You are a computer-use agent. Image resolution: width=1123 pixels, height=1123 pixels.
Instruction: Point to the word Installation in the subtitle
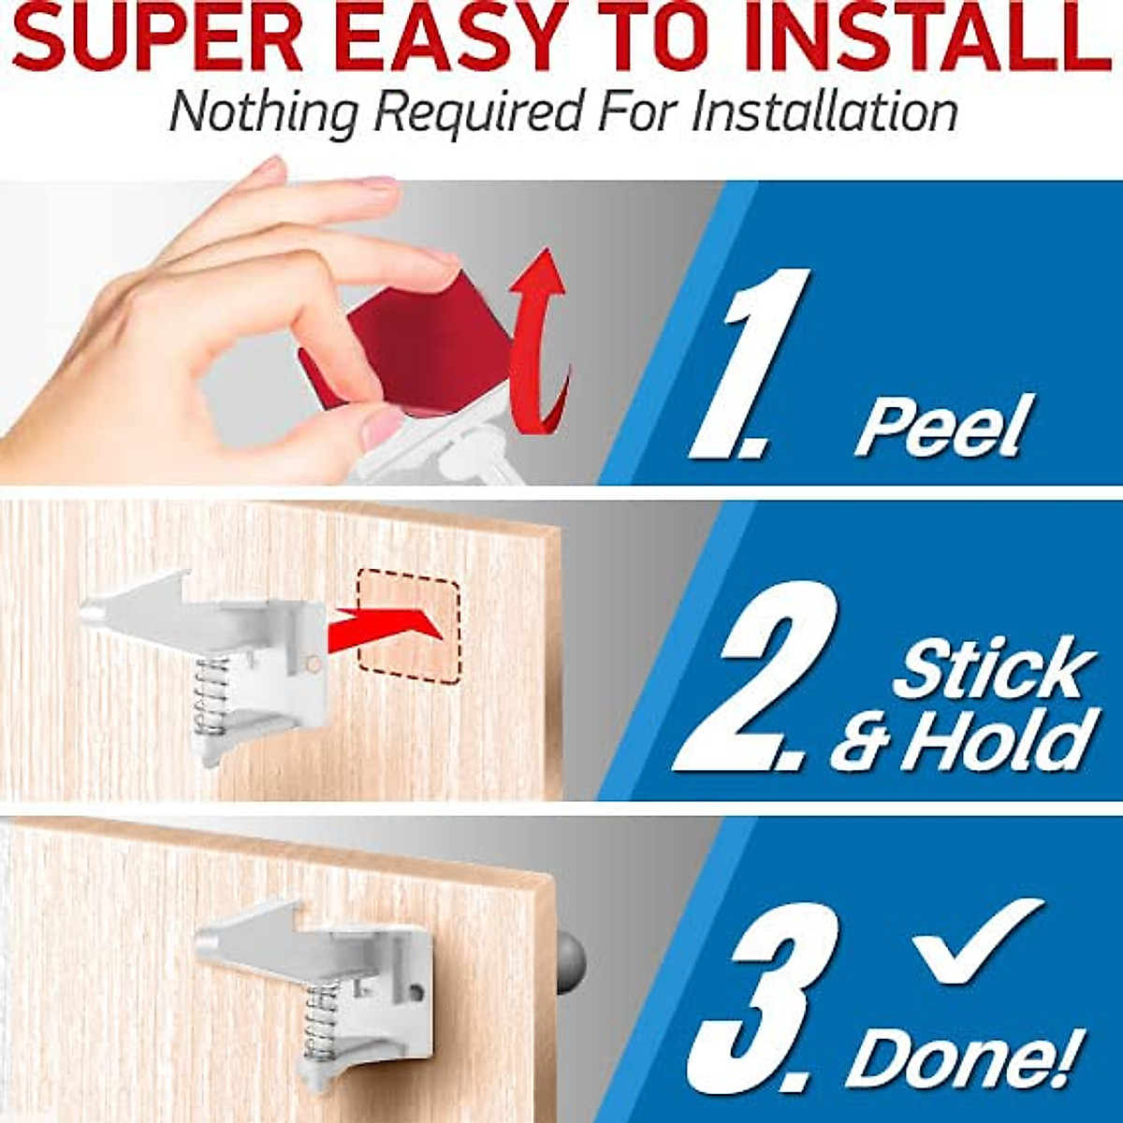tap(824, 112)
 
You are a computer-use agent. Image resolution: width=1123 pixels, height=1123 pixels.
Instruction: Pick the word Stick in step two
tap(992, 668)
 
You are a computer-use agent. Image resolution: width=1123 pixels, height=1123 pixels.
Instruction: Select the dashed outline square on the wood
tap(409, 630)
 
